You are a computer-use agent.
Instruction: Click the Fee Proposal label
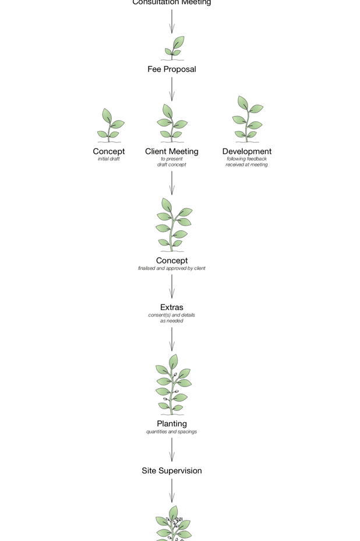pyautogui.click(x=171, y=69)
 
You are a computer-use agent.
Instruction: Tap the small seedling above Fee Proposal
pyautogui.click(x=174, y=48)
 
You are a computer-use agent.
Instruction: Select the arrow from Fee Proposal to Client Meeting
pyautogui.click(x=171, y=89)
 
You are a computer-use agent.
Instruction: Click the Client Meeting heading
pyautogui.click(x=171, y=152)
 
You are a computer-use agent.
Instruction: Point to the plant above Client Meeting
pyautogui.click(x=172, y=123)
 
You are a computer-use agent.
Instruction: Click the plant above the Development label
pyautogui.click(x=248, y=120)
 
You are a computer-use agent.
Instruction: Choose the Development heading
pyautogui.click(x=246, y=152)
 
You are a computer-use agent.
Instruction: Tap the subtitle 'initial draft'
pyautogui.click(x=108, y=159)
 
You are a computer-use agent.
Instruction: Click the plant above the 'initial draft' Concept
pyautogui.click(x=110, y=125)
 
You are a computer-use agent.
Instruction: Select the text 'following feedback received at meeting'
pyautogui.click(x=246, y=161)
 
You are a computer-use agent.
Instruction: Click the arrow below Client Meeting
pyautogui.click(x=171, y=182)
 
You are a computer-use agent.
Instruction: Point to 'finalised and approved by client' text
pyautogui.click(x=171, y=269)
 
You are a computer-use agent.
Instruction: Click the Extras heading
pyautogui.click(x=171, y=307)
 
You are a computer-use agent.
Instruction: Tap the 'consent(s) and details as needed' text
pyautogui.click(x=171, y=318)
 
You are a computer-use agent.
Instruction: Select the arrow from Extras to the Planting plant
pyautogui.click(x=171, y=339)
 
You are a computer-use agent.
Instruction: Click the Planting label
pyautogui.click(x=171, y=424)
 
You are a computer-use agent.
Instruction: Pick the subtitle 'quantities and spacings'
pyautogui.click(x=171, y=432)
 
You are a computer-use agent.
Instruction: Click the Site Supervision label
pyautogui.click(x=171, y=471)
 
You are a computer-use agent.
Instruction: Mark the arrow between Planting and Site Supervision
pyautogui.click(x=171, y=449)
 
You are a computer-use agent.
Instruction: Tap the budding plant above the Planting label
pyautogui.click(x=172, y=385)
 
